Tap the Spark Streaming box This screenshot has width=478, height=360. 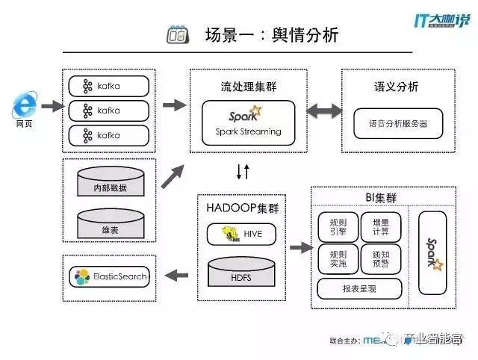[x=248, y=122]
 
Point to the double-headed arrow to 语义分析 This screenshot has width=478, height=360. [x=317, y=111]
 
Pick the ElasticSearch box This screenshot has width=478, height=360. [x=109, y=276]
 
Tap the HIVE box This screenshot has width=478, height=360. [x=240, y=234]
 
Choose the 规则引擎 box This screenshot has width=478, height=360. [x=337, y=226]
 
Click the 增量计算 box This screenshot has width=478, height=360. [x=380, y=226]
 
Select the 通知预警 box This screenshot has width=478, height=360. [x=380, y=258]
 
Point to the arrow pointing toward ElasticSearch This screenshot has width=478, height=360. [x=176, y=276]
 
